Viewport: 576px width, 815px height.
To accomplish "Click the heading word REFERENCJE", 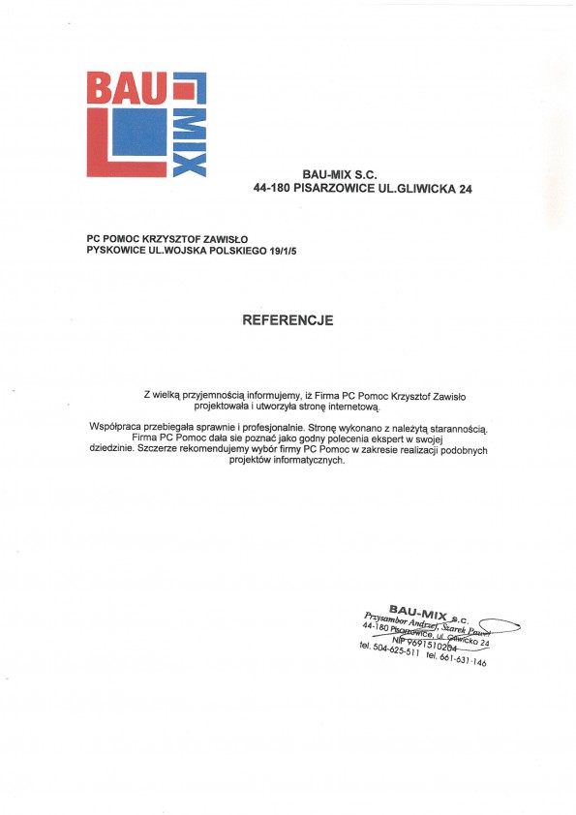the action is coord(288,318).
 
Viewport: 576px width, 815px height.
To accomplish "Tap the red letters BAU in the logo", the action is coord(127,88).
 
